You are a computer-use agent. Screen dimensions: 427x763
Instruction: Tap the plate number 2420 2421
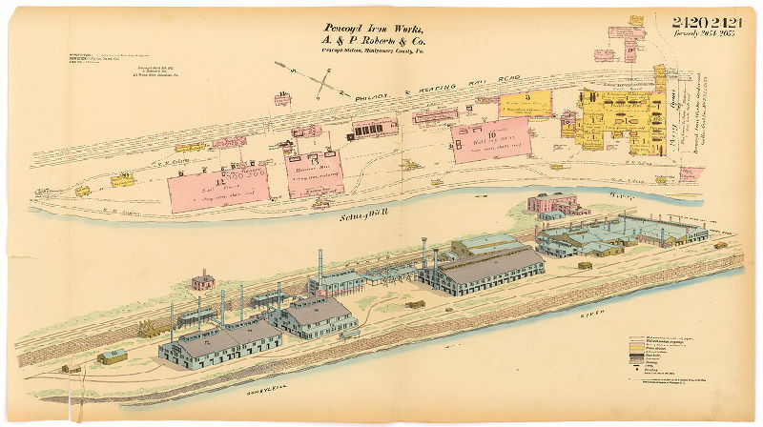[x=707, y=22]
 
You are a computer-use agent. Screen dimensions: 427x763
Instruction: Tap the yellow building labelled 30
[x=123, y=178]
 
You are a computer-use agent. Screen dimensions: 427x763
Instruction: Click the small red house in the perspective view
[x=201, y=280]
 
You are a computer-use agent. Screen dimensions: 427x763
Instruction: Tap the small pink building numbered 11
[x=282, y=96]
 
